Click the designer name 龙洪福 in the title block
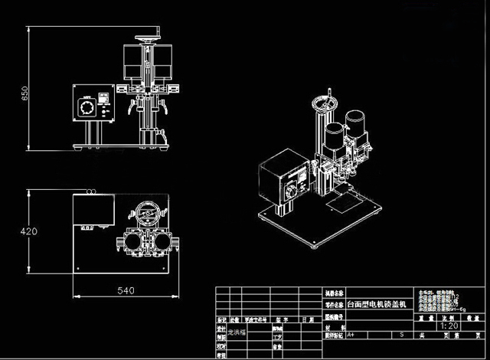[x=238, y=334]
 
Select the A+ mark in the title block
[x=351, y=335]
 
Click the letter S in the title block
[x=401, y=335]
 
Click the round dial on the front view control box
[x=87, y=106]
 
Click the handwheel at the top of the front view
[x=147, y=38]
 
